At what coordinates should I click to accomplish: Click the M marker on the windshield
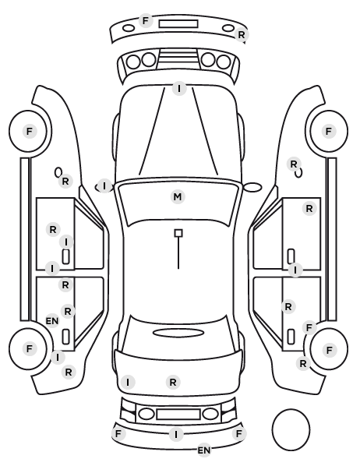click(x=178, y=196)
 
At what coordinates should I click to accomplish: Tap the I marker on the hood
click(x=179, y=89)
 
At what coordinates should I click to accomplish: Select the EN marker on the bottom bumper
click(x=204, y=450)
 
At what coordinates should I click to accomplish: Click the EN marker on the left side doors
click(x=52, y=321)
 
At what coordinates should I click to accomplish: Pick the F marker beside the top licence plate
click(x=146, y=21)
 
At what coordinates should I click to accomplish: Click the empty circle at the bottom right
click(x=291, y=429)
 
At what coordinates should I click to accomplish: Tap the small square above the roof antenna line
click(x=178, y=233)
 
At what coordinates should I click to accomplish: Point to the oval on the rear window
click(x=178, y=333)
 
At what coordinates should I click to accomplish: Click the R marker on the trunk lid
click(x=173, y=382)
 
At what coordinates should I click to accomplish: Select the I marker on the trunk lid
click(x=128, y=382)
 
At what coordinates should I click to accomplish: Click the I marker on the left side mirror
click(x=104, y=186)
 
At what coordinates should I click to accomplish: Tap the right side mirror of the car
click(x=252, y=187)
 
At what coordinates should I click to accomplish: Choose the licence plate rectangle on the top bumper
click(x=178, y=24)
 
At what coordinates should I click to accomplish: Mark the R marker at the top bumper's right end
click(x=242, y=35)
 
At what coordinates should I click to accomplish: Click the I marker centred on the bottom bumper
click(x=176, y=435)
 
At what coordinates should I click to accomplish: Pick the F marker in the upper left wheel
click(x=29, y=131)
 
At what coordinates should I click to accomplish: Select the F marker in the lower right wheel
click(x=329, y=350)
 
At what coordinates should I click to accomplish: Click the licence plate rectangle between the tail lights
click(x=178, y=415)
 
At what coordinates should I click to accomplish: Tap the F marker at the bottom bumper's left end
click(x=118, y=434)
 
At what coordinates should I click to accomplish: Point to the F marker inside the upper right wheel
click(x=329, y=131)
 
